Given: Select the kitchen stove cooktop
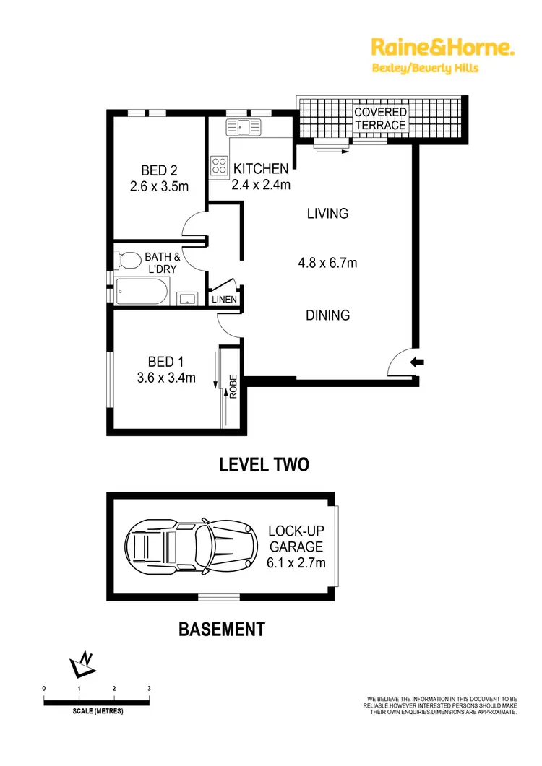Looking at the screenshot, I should click(219, 165).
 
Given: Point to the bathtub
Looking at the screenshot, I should click(142, 292).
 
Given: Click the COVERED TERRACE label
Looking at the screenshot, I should click(380, 119).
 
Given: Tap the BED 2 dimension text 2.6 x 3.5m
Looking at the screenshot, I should click(160, 187).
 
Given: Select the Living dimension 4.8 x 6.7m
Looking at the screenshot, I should click(327, 263).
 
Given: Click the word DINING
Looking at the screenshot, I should click(327, 315).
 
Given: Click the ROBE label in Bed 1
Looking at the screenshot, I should click(233, 390).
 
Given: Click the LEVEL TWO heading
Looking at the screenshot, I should click(264, 464).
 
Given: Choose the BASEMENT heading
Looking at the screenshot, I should click(222, 630).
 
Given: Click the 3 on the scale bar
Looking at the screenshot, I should click(149, 689).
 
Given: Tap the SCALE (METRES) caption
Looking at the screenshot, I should click(98, 712).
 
